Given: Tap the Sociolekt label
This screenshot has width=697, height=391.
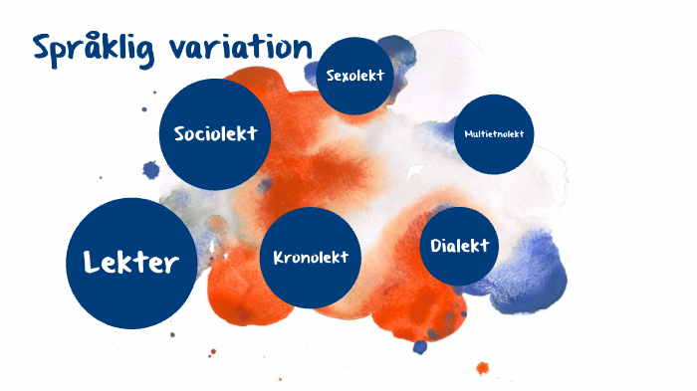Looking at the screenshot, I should click(x=215, y=133).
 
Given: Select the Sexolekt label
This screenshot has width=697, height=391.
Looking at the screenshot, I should click(x=355, y=76).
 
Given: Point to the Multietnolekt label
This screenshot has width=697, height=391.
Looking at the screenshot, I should click(x=493, y=133).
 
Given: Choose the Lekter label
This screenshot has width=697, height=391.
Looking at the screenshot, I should click(x=131, y=262).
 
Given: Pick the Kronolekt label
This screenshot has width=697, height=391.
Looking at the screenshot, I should click(x=311, y=257).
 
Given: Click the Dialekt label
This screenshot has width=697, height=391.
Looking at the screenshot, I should click(x=460, y=245).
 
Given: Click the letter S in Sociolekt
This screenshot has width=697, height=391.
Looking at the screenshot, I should click(x=180, y=133).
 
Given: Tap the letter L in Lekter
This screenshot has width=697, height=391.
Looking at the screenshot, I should click(x=92, y=262).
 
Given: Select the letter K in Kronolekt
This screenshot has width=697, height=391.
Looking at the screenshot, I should click(x=279, y=257).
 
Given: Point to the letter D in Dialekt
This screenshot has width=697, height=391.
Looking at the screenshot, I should click(x=437, y=245).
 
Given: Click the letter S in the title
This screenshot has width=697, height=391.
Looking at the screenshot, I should click(x=42, y=48).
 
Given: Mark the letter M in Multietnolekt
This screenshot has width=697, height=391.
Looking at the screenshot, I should click(x=467, y=133).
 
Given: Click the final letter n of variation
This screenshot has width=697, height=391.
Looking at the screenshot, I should click(x=304, y=48).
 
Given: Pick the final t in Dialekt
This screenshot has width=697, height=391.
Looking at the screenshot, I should click(x=485, y=245).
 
